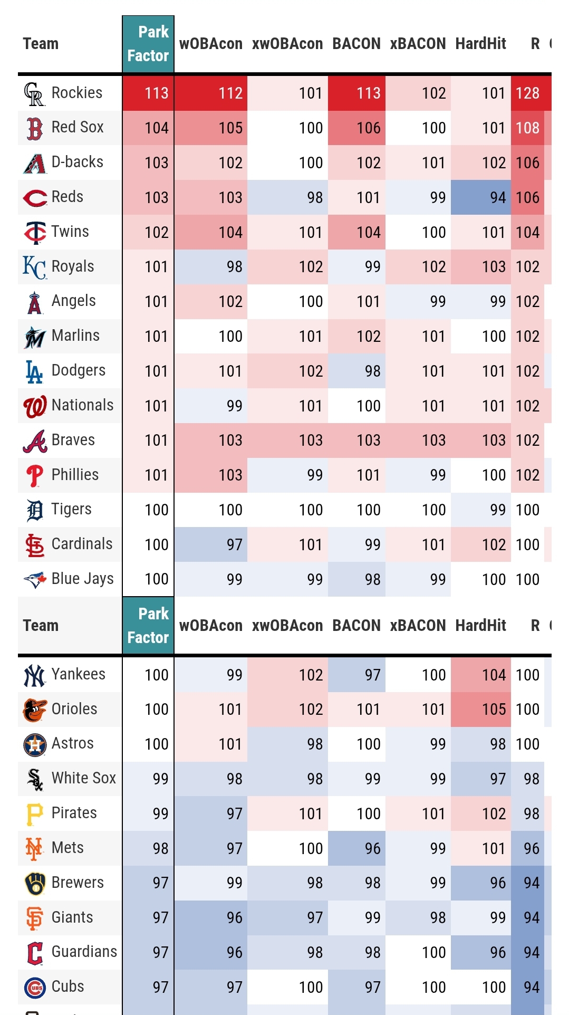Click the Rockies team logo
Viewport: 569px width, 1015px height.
point(34,93)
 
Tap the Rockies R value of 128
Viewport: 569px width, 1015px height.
point(527,93)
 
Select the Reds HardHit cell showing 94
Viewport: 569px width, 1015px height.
point(480,197)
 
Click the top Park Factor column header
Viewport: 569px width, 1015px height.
point(148,44)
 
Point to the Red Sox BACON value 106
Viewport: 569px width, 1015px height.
point(356,128)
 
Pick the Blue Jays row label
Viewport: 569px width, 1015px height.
point(82,579)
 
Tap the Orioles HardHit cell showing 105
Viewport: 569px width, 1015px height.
point(480,709)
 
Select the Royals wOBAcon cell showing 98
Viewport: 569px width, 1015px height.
point(211,267)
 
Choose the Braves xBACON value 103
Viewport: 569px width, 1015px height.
point(418,440)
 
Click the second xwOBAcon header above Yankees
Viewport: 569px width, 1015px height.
point(287,626)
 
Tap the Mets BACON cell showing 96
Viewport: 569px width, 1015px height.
point(356,848)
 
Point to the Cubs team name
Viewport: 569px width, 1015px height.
point(67,987)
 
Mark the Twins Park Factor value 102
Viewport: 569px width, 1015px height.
point(148,232)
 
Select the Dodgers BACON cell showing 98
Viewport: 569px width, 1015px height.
point(356,371)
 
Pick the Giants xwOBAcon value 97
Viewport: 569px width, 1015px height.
point(287,917)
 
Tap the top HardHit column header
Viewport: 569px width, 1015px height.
point(480,44)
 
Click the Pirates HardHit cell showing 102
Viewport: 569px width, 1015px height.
point(480,813)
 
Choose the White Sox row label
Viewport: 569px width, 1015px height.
point(83,778)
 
